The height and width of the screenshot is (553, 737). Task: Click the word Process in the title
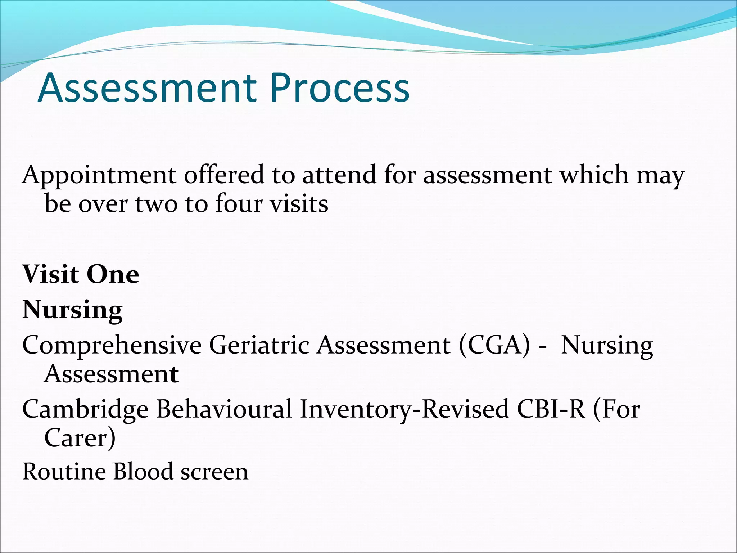coord(340,88)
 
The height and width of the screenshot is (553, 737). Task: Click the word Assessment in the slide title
coord(147,88)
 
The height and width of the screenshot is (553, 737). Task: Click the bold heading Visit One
coord(81,274)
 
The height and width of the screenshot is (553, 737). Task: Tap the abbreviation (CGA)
coord(494,345)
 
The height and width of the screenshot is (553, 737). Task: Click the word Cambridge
coord(85,410)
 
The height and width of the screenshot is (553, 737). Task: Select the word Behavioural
coord(224,409)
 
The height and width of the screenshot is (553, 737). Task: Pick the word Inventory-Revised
coord(404,410)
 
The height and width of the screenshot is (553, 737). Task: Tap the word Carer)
coord(80,438)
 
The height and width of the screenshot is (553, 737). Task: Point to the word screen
coord(214,472)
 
